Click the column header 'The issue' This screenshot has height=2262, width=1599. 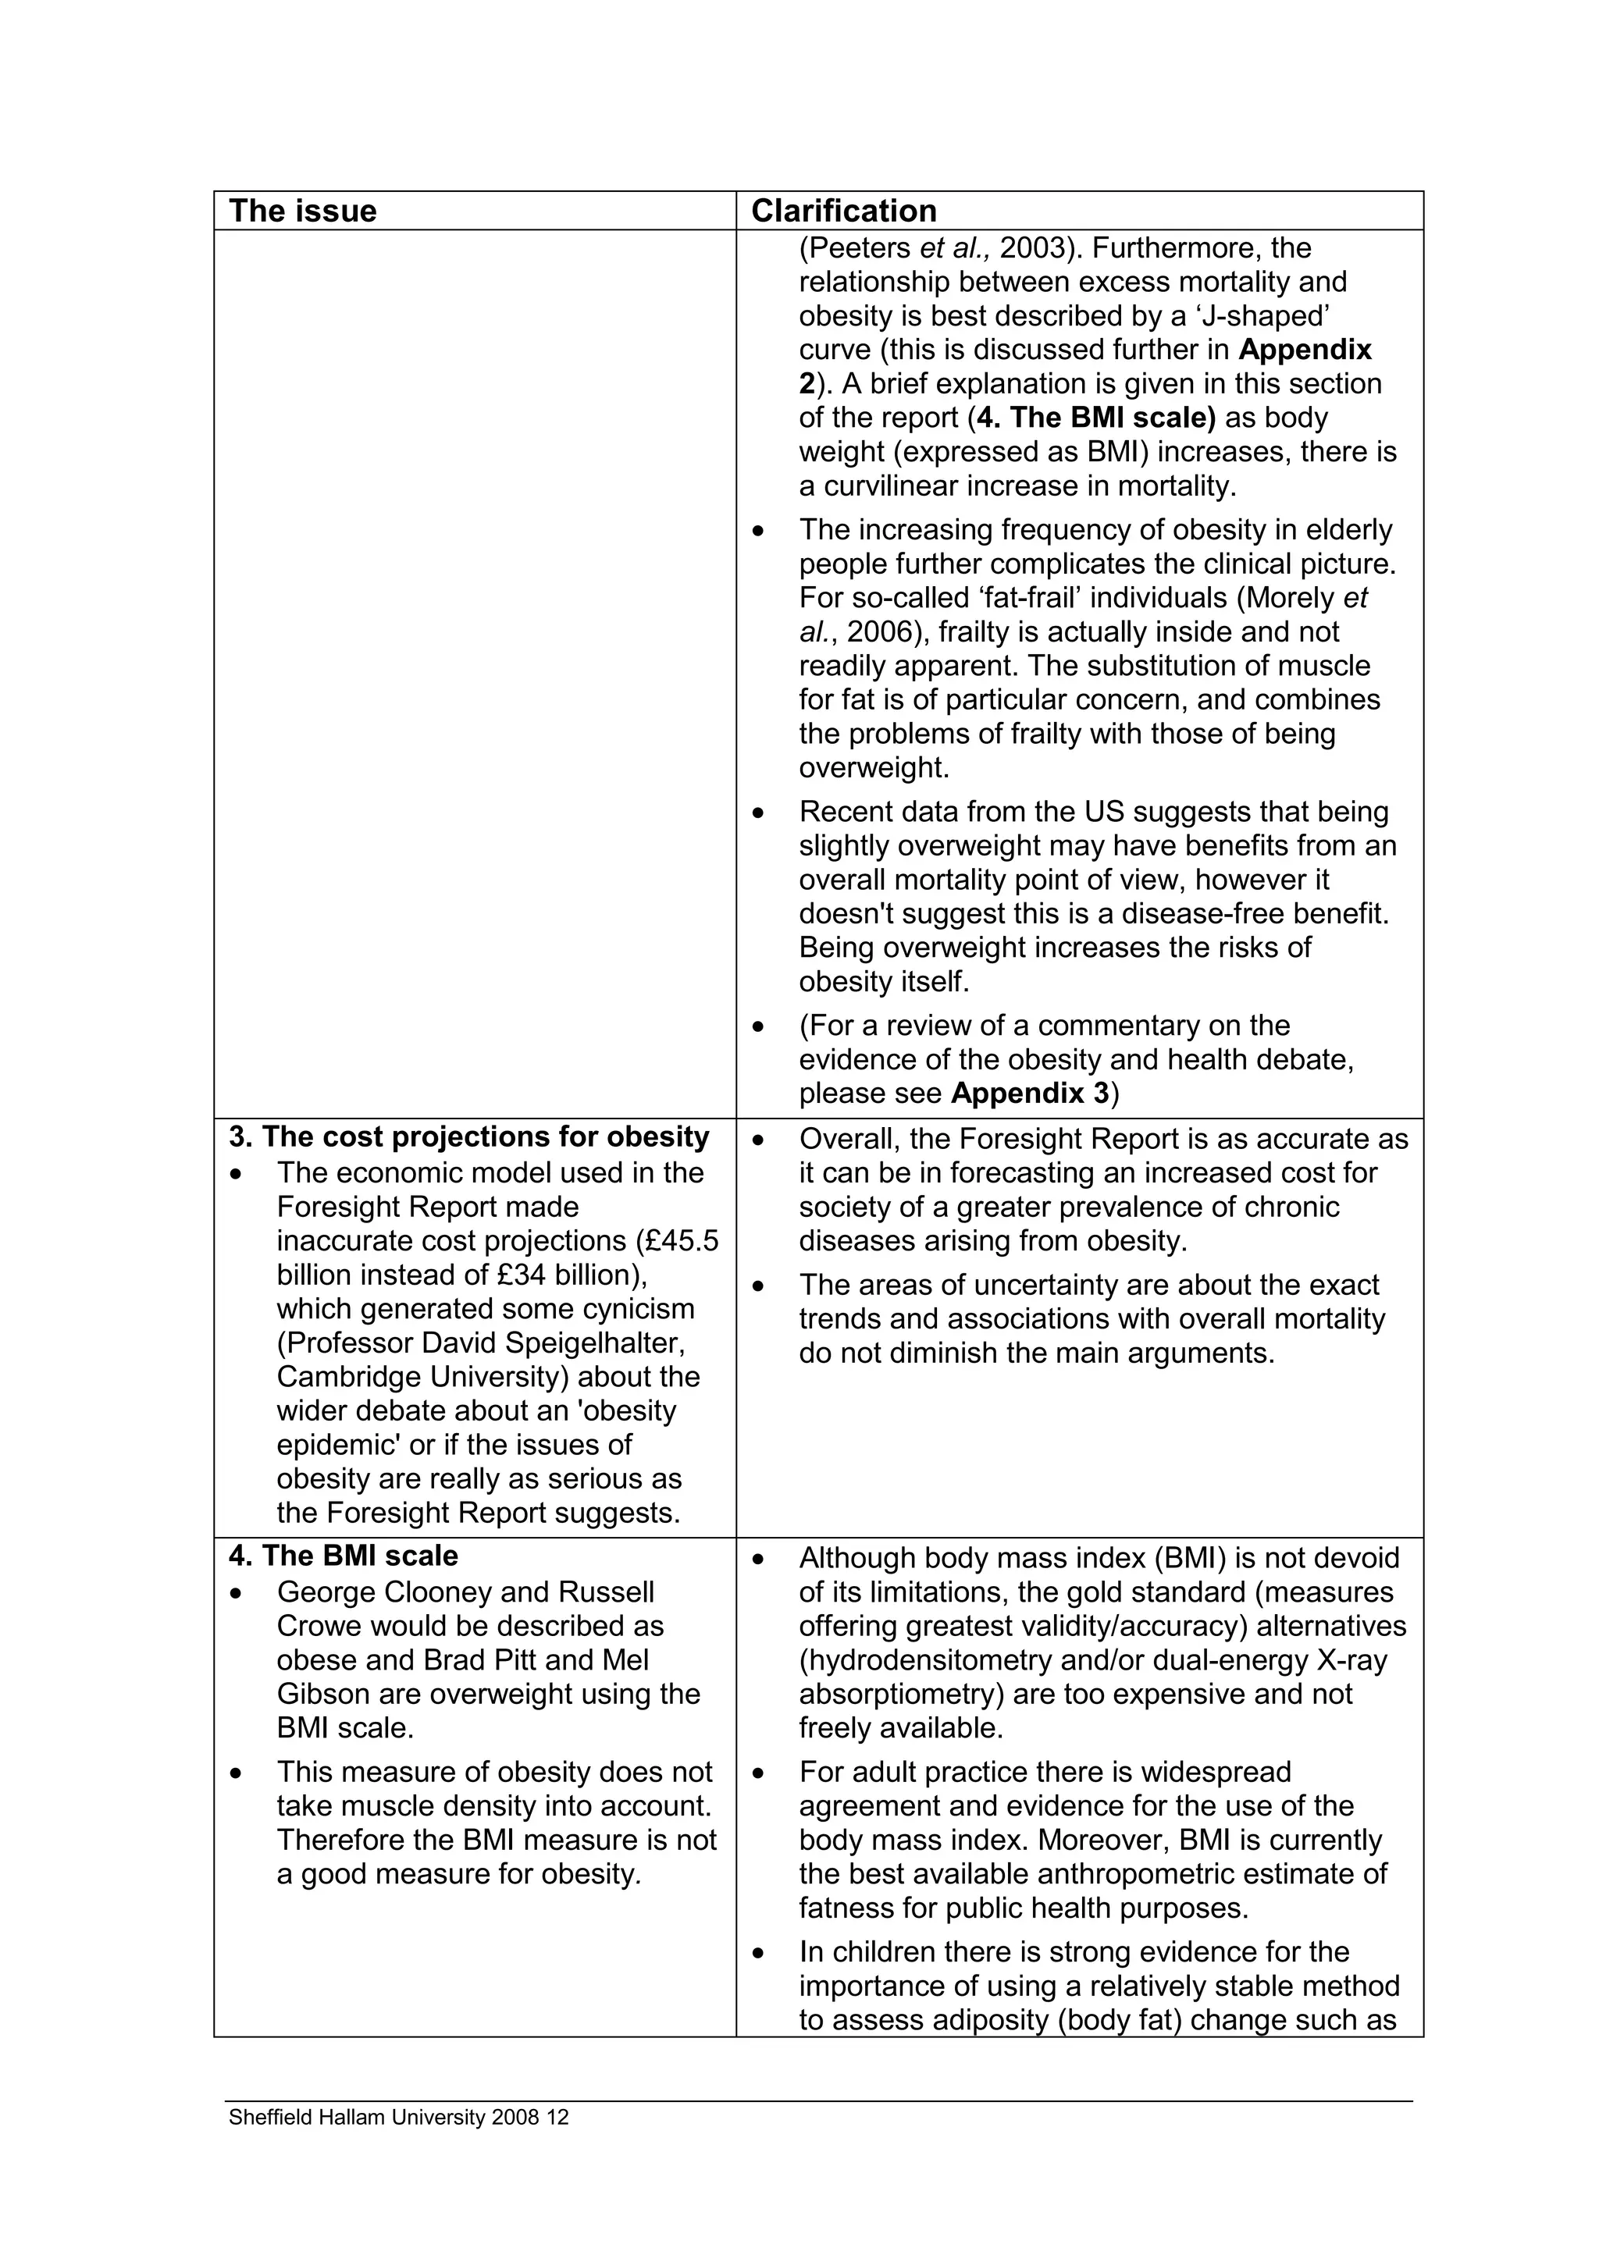[302, 211]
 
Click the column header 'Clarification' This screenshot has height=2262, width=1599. [843, 211]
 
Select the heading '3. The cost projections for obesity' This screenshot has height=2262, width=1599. [469, 1137]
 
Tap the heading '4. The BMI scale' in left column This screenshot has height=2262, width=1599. [344, 1556]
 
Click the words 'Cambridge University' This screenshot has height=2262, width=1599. [418, 1378]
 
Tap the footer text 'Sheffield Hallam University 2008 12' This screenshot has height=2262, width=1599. [399, 2117]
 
